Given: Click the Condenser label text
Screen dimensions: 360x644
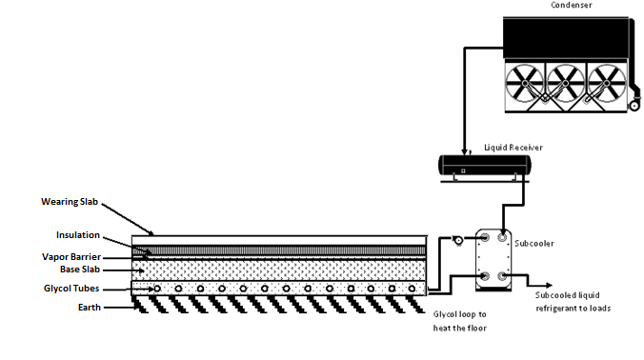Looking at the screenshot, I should tap(573, 5).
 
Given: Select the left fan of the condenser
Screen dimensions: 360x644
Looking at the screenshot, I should tap(521, 84).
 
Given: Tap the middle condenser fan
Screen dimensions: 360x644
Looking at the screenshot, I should tap(565, 84).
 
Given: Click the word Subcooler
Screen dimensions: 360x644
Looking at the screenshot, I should tap(534, 243).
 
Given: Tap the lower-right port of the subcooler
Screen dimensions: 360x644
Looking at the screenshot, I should tap(502, 277).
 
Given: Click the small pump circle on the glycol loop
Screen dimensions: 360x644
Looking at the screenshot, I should tap(456, 241).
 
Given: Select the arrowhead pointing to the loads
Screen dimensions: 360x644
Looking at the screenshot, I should tap(552, 284).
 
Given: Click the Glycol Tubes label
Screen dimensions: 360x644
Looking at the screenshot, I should tap(70, 288).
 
